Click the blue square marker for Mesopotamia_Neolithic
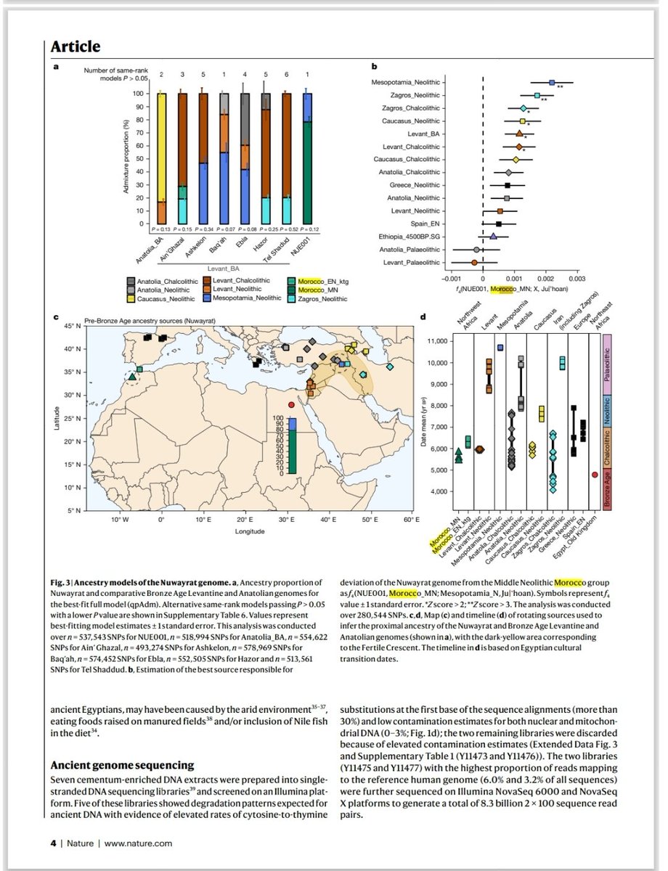point(552,83)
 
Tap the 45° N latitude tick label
point(71,327)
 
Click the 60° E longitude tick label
point(411,520)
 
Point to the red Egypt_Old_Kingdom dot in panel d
point(595,475)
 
